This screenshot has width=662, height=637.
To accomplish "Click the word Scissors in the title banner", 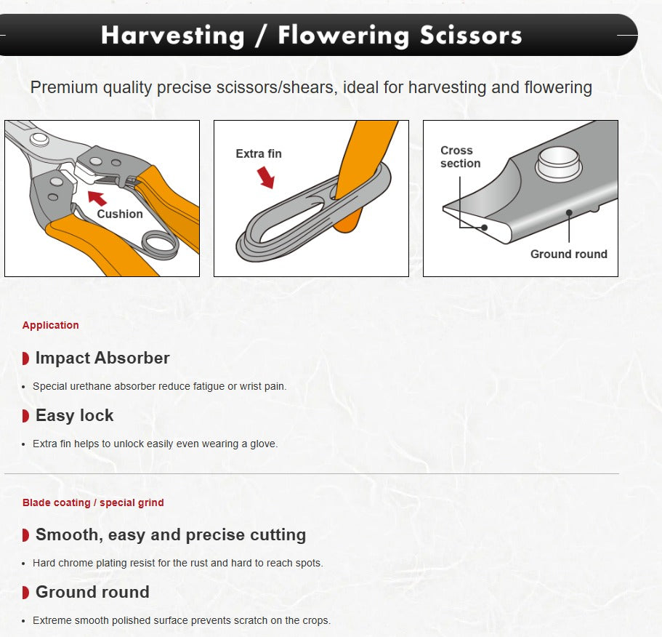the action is [x=471, y=35].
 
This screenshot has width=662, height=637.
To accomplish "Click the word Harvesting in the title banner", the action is [x=173, y=36].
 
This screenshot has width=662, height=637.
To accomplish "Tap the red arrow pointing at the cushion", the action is [x=97, y=198].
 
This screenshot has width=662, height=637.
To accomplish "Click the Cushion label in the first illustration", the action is [x=120, y=215].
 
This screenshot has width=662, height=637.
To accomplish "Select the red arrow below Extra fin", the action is [x=266, y=177].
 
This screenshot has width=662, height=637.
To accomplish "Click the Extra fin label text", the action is [x=259, y=153].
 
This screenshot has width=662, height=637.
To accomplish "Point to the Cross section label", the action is [x=460, y=157].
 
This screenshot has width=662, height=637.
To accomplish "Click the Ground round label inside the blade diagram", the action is [x=569, y=254].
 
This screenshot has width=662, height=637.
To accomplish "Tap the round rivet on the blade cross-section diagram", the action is [x=559, y=164].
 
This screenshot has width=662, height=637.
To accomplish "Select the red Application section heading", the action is [x=51, y=325].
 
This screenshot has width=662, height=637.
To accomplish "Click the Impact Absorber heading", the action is [x=102, y=358].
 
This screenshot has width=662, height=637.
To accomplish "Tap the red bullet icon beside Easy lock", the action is [x=25, y=416].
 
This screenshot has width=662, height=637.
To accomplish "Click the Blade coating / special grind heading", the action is [x=93, y=502].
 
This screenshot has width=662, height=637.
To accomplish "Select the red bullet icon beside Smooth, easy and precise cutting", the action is [x=25, y=535].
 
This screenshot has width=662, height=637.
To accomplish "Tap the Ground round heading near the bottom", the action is [x=92, y=592].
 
